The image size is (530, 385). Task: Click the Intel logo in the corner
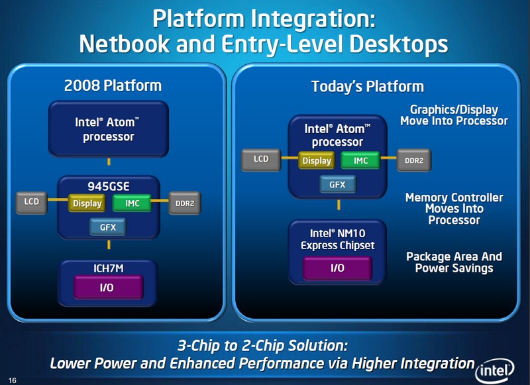tap(494, 371)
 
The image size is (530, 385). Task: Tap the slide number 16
tap(12, 380)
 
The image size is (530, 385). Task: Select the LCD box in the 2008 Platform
tap(31, 203)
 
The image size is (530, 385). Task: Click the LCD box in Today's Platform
tap(261, 160)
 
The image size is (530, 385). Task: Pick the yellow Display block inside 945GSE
tap(87, 203)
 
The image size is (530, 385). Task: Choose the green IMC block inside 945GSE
tap(132, 203)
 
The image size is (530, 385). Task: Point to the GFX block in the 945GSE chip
tap(108, 227)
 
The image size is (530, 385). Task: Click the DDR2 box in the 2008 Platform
tap(185, 203)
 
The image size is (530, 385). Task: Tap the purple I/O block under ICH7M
tap(108, 288)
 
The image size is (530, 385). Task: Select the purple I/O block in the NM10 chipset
tap(338, 268)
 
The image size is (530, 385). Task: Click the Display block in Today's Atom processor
tap(317, 160)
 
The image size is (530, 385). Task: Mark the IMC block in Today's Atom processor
tap(360, 160)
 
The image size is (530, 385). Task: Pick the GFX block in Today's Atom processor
tap(338, 184)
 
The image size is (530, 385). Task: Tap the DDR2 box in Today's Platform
tap(414, 160)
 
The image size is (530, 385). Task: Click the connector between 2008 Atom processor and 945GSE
tap(109, 162)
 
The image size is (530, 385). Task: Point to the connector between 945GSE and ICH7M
tap(109, 245)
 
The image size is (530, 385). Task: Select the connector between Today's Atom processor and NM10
tap(339, 205)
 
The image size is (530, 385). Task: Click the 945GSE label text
tap(109, 187)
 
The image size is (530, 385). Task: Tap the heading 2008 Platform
tap(113, 85)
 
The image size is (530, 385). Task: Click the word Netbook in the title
tap(125, 44)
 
